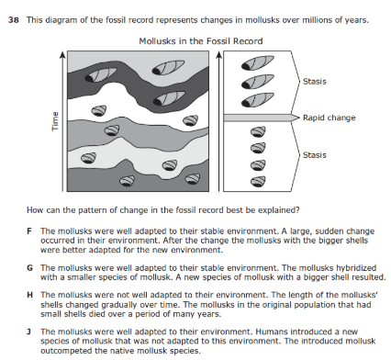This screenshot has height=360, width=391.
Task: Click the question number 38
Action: point(14,20)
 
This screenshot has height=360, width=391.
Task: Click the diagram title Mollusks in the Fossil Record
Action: point(201,41)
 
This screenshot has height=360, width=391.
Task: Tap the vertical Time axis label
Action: point(55,121)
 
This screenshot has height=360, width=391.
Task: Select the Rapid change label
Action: point(330,118)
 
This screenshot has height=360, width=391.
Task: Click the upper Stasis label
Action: point(315,82)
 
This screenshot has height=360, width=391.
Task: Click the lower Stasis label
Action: point(315,155)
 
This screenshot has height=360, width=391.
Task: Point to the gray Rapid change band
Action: point(261,118)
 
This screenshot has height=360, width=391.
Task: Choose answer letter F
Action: point(29,231)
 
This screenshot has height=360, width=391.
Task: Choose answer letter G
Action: point(29,268)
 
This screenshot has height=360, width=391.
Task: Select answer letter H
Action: point(29,295)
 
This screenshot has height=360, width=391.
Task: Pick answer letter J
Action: point(28,332)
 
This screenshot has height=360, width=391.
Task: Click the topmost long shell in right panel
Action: point(258,62)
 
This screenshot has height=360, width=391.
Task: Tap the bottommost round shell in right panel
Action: point(258,182)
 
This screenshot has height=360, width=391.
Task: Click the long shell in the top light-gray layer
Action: point(168,68)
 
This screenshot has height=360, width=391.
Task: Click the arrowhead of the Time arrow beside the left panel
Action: point(62,54)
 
